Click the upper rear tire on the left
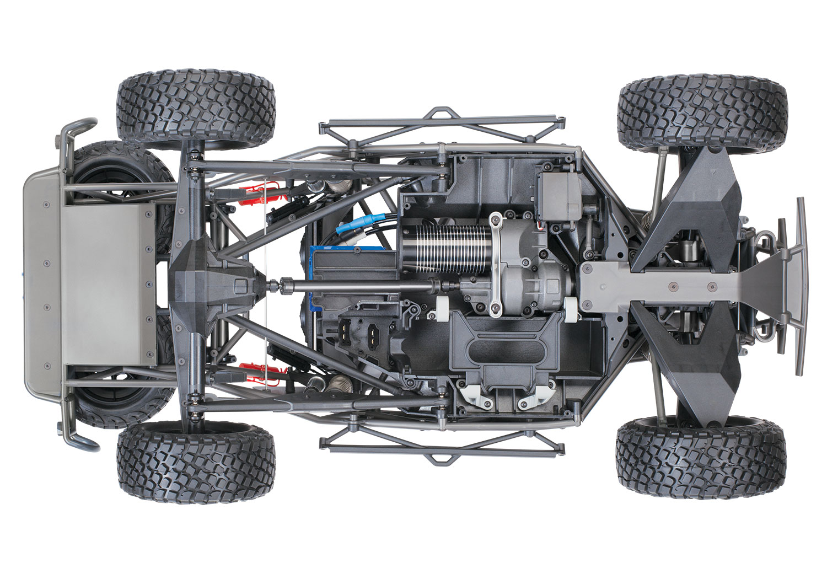[x=195, y=109]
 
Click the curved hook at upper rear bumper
[x=77, y=128]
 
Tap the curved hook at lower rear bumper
[x=77, y=438]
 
